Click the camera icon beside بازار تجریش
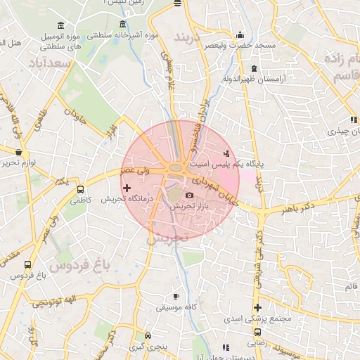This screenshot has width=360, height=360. (x=189, y=195)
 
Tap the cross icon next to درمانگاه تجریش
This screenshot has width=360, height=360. (x=127, y=188)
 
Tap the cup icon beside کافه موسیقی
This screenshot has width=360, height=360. (x=176, y=296)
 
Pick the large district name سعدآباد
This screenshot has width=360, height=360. (x=51, y=63)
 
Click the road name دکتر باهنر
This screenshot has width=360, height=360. (x=296, y=209)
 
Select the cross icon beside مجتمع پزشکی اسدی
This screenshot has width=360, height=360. (x=258, y=307)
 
